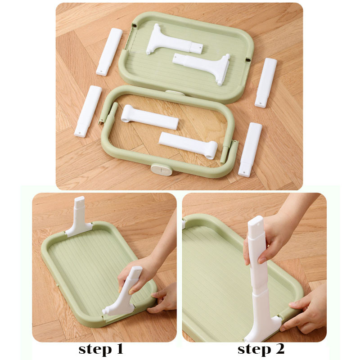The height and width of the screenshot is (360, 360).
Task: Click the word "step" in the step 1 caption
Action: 95,350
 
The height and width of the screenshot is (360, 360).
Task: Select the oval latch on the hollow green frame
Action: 162,170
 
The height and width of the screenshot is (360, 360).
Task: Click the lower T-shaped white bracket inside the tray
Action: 202,66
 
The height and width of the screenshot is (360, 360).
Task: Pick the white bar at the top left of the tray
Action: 109,52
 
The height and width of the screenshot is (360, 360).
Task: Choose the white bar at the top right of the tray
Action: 266,83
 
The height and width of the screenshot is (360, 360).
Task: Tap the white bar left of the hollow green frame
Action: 88,111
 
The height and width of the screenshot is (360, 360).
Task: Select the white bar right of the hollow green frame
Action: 250,150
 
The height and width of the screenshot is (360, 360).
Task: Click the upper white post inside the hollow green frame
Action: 150,117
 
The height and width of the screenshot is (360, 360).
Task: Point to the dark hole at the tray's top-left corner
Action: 135,25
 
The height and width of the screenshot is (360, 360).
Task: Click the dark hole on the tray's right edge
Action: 248,60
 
